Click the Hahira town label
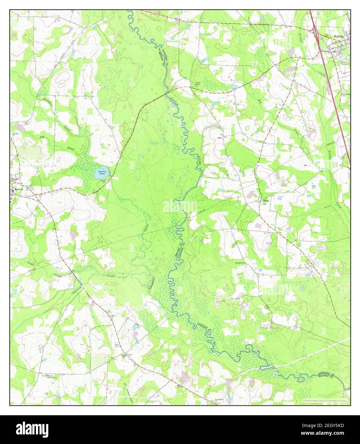tap(339, 37)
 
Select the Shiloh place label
tap(266, 201)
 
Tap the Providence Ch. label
tap(218, 400)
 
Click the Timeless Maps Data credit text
tap(325, 400)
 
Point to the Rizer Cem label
tap(117, 345)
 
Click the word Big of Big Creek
tap(260, 101)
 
